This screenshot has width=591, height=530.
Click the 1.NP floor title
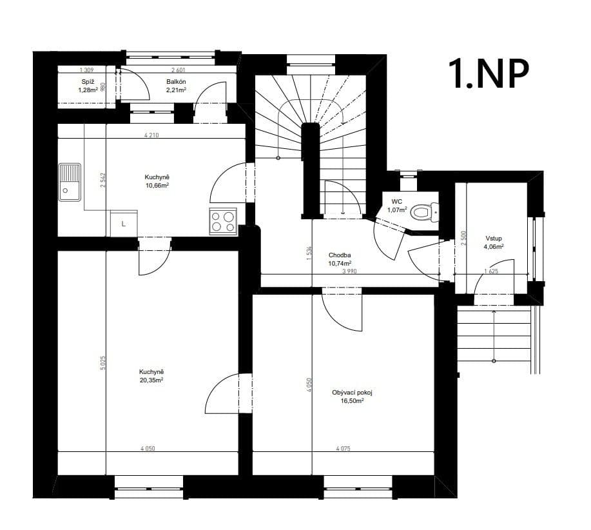490,73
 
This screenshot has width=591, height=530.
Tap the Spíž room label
87,81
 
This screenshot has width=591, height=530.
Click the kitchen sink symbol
70,180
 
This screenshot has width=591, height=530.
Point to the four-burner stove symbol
223,222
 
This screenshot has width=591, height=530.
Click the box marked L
123,224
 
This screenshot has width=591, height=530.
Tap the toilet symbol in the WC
423,210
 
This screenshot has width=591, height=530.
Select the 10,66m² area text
157,185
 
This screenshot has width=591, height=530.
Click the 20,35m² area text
151,380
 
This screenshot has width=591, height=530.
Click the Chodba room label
340,255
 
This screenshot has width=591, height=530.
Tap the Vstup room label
493,238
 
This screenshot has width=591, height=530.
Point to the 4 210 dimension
151,135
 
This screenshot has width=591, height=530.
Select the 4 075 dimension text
343,449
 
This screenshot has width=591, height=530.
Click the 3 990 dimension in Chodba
349,271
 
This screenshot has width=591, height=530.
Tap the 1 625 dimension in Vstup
490,271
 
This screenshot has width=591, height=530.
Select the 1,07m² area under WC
397,210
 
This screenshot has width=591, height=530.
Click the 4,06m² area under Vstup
493,246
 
